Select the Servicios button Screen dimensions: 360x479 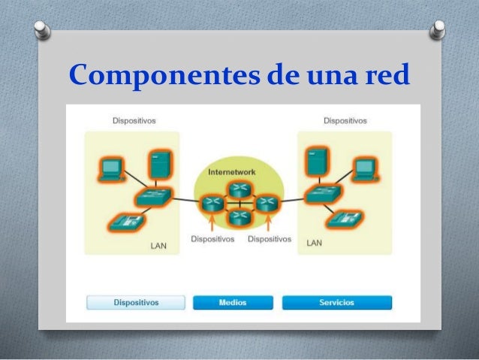point(336,302)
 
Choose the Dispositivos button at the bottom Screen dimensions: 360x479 point(136,302)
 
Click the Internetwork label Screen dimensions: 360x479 point(230,171)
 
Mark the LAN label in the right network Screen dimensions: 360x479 point(314,244)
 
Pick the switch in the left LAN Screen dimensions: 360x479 point(153,198)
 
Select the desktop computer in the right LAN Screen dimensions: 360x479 point(366,168)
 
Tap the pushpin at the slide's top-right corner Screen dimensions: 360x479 point(437,32)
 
